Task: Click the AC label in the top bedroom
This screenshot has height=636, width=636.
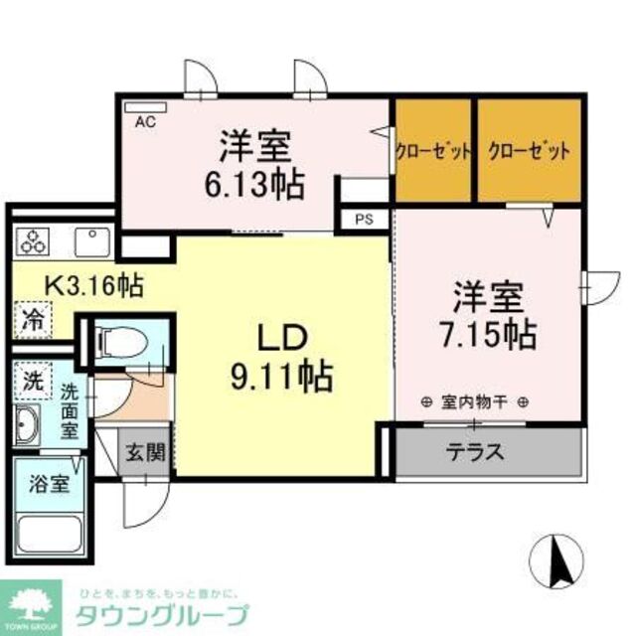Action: pyautogui.click(x=145, y=122)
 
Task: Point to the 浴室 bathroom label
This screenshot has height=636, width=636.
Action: pyautogui.click(x=47, y=485)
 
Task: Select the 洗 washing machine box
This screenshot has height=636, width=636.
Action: pyautogui.click(x=34, y=379)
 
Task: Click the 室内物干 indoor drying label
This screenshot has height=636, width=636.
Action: pyautogui.click(x=474, y=402)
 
